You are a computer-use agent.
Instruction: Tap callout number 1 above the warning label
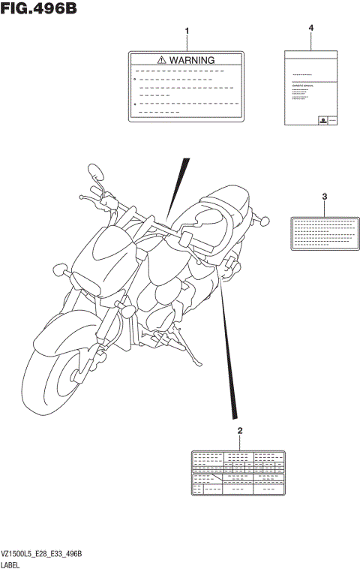point(187,32)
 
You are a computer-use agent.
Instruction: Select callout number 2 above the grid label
point(239,430)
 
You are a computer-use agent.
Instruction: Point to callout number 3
point(324,197)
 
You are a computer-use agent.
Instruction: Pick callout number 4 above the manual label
point(310,28)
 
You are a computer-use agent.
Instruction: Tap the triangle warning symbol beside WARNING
point(161,60)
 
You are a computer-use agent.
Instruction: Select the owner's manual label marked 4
point(310,87)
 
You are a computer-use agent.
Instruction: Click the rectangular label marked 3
point(324,232)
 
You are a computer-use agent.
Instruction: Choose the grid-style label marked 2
point(238,473)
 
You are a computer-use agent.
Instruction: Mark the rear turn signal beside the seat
point(265,221)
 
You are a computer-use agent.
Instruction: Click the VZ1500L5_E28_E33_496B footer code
point(41,552)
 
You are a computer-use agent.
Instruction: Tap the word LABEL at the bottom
point(14,564)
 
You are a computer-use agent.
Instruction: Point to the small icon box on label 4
point(322,120)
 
